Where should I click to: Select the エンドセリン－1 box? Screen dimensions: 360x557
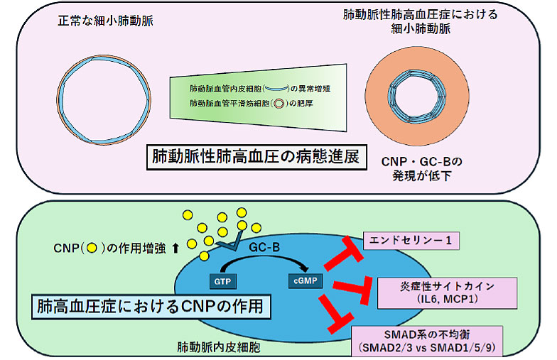406,241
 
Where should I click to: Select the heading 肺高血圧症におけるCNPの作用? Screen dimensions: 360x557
148,307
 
